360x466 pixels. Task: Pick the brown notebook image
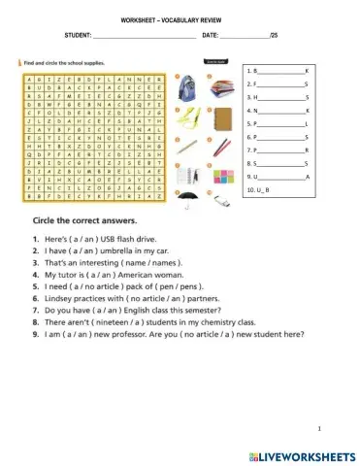[222, 121]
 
